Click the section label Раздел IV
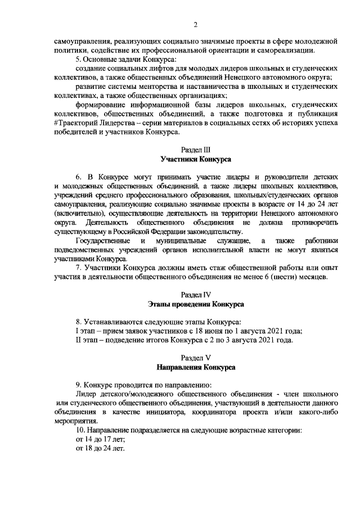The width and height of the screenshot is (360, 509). (x=196, y=294)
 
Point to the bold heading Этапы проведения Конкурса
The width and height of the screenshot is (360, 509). (x=196, y=304)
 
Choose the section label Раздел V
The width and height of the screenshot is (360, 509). (x=196, y=358)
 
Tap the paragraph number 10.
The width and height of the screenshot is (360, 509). (x=80, y=430)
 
